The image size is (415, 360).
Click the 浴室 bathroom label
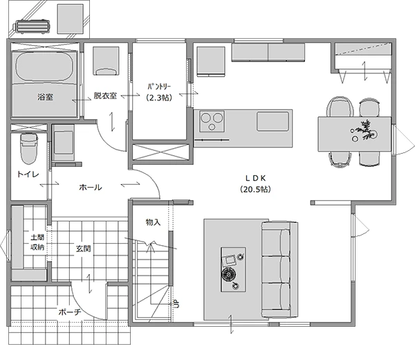click(x=45, y=97)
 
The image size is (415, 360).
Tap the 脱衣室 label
click(x=105, y=96)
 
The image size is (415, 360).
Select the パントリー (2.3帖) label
click(x=159, y=92)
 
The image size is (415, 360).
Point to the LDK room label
click(x=255, y=183)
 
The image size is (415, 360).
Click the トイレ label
click(x=28, y=174)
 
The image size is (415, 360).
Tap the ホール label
click(x=91, y=188)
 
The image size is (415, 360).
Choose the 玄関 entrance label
click(x=84, y=249)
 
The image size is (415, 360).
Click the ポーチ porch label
click(x=70, y=312)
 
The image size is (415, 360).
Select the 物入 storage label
click(x=154, y=222)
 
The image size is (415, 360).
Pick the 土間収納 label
click(x=37, y=242)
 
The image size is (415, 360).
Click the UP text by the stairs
click(x=176, y=303)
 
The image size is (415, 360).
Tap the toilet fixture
click(x=29, y=149)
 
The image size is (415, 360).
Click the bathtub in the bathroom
click(x=44, y=68)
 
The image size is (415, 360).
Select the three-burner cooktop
click(x=212, y=121)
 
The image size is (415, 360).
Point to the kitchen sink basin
click(x=273, y=121)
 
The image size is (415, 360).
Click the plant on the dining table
click(x=365, y=129)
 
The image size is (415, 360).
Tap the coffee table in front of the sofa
click(x=233, y=270)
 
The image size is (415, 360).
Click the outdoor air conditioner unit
click(x=31, y=27)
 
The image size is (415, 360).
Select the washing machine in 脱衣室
click(x=106, y=61)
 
